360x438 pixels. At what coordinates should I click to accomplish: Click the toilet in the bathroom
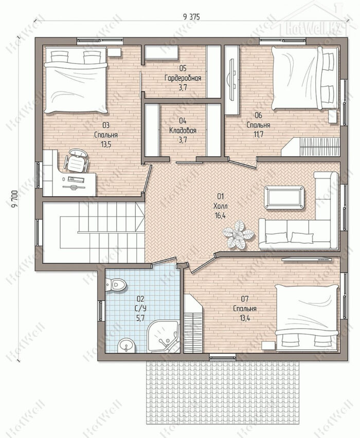tap(116, 285)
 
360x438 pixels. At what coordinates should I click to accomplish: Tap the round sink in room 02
tap(127, 345)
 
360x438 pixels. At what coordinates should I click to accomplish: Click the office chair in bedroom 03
tap(76, 160)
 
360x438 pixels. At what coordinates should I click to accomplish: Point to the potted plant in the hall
tap(238, 234)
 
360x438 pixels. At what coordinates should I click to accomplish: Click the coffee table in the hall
tap(284, 197)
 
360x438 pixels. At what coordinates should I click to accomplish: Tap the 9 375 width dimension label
tap(192, 17)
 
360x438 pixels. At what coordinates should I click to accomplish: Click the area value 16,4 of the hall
tap(220, 215)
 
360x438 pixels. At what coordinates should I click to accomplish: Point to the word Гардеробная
tap(183, 78)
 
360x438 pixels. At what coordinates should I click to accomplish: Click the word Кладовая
tap(183, 131)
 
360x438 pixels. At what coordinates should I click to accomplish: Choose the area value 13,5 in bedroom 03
tap(106, 144)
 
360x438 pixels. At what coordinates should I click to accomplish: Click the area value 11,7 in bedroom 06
tap(259, 134)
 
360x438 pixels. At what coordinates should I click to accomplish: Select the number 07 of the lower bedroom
tap(245, 299)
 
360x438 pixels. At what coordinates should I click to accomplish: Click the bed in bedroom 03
tap(76, 80)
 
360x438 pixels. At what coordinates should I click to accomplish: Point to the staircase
tap(94, 232)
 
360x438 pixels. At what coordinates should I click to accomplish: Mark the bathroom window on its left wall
tap(101, 311)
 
